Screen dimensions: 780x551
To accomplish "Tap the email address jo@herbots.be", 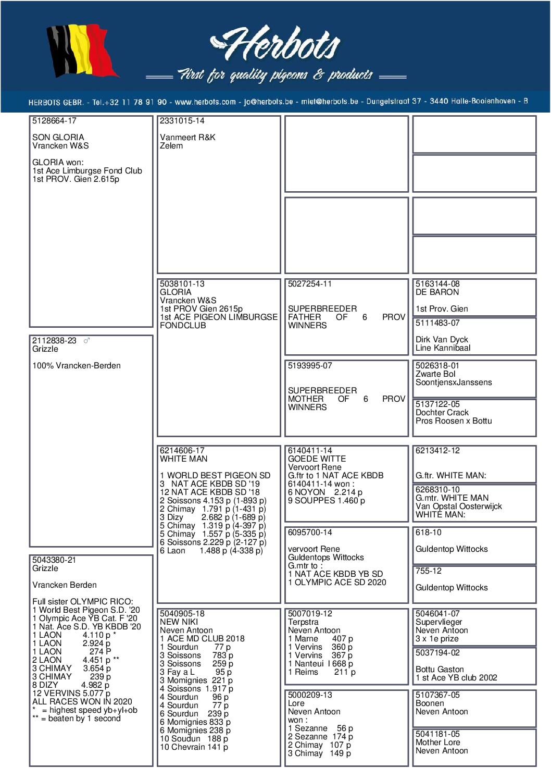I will pyautogui.click(x=268, y=102).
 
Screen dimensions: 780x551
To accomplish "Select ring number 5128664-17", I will pyautogui.click(x=54, y=121).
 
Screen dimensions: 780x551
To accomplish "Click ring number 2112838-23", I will pyautogui.click(x=54, y=341).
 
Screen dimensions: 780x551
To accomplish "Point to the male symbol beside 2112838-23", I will pyautogui.click(x=87, y=341).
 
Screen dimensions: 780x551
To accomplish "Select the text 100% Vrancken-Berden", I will pyautogui.click(x=77, y=366).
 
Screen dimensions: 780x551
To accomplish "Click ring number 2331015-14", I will pyautogui.click(x=182, y=121).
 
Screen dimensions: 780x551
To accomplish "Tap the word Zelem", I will pyautogui.click(x=171, y=146).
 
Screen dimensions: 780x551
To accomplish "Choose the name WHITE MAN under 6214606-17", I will pyautogui.click(x=184, y=459).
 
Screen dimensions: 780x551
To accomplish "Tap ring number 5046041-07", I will pyautogui.click(x=437, y=614).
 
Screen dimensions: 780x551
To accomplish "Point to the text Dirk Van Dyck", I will pyautogui.click(x=442, y=340).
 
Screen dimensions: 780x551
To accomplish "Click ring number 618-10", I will pyautogui.click(x=429, y=533).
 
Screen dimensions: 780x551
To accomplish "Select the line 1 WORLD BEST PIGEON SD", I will pyautogui.click(x=215, y=476).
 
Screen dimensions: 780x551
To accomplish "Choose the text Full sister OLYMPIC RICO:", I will pyautogui.click(x=82, y=602).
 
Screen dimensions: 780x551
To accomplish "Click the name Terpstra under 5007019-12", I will pyautogui.click(x=303, y=622).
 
